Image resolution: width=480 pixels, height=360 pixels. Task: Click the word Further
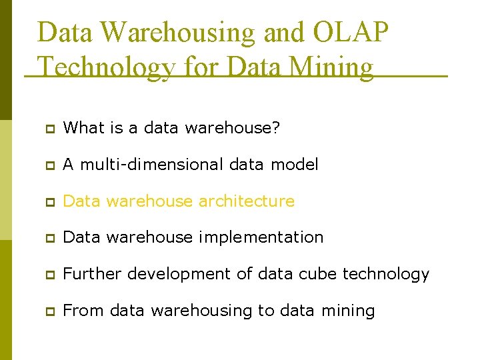[x=93, y=273]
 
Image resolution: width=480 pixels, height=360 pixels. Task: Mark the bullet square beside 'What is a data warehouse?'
[x=50, y=128]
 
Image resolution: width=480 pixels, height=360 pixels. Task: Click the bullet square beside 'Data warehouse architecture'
[x=50, y=201]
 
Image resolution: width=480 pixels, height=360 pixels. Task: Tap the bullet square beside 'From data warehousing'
[x=50, y=311]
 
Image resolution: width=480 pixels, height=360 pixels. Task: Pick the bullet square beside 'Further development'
[x=50, y=274]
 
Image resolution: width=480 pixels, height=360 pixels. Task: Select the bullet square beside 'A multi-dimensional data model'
[x=50, y=165]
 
